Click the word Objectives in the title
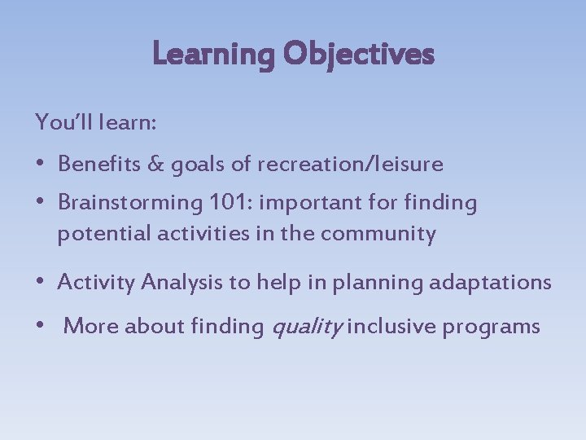coord(359,55)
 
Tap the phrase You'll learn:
coord(96,123)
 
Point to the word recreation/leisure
coord(350,164)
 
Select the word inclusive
coord(388,327)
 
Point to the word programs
coord(492,327)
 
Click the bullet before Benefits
coord(41,164)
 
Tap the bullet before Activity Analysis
coord(41,283)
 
